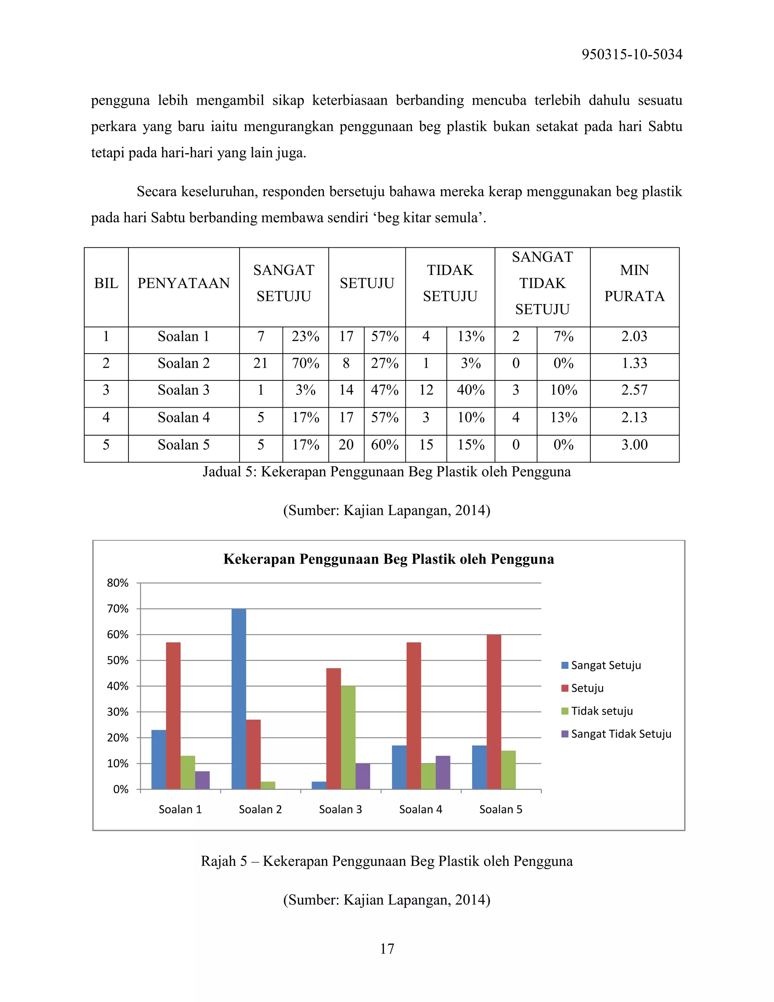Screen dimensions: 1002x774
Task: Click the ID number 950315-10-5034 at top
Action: tap(632, 54)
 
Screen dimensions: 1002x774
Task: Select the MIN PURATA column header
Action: tap(634, 283)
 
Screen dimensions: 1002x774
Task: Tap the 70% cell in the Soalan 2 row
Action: tap(305, 363)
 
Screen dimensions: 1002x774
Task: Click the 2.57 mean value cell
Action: tap(634, 390)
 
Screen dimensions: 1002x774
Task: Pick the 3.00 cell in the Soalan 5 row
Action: tap(634, 445)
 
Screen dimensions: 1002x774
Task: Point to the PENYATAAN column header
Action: tap(183, 283)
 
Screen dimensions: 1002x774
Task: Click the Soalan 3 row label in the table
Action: tap(183, 390)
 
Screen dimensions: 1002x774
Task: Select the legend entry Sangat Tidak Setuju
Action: tap(621, 734)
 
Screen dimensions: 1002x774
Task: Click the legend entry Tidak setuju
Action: tap(601, 711)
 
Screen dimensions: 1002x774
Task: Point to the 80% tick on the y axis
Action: tap(118, 583)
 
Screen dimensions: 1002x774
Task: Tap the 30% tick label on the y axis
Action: tap(118, 712)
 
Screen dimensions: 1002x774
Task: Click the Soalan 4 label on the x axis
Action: tap(421, 809)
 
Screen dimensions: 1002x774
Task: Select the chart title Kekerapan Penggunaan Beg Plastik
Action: tap(389, 559)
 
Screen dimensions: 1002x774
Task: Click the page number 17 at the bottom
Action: tap(387, 949)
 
